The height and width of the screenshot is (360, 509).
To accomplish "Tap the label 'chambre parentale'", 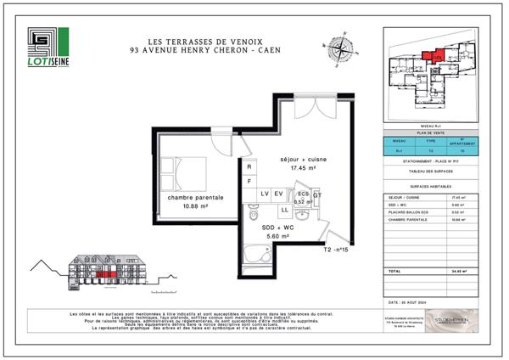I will [x=196, y=198].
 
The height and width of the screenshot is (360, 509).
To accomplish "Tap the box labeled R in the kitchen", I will [x=249, y=166].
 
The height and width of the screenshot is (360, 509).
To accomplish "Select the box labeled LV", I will [x=264, y=194].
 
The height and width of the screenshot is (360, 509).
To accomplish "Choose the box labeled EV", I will [x=278, y=194].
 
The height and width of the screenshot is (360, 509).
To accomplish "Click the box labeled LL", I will [x=285, y=209].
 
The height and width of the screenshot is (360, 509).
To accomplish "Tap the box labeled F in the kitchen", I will [x=249, y=181].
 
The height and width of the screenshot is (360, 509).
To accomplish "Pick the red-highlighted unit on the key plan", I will [x=435, y=56].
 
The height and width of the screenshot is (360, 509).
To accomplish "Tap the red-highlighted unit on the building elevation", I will [x=105, y=274].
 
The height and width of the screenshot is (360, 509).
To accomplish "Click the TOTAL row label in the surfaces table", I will [x=394, y=270].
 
